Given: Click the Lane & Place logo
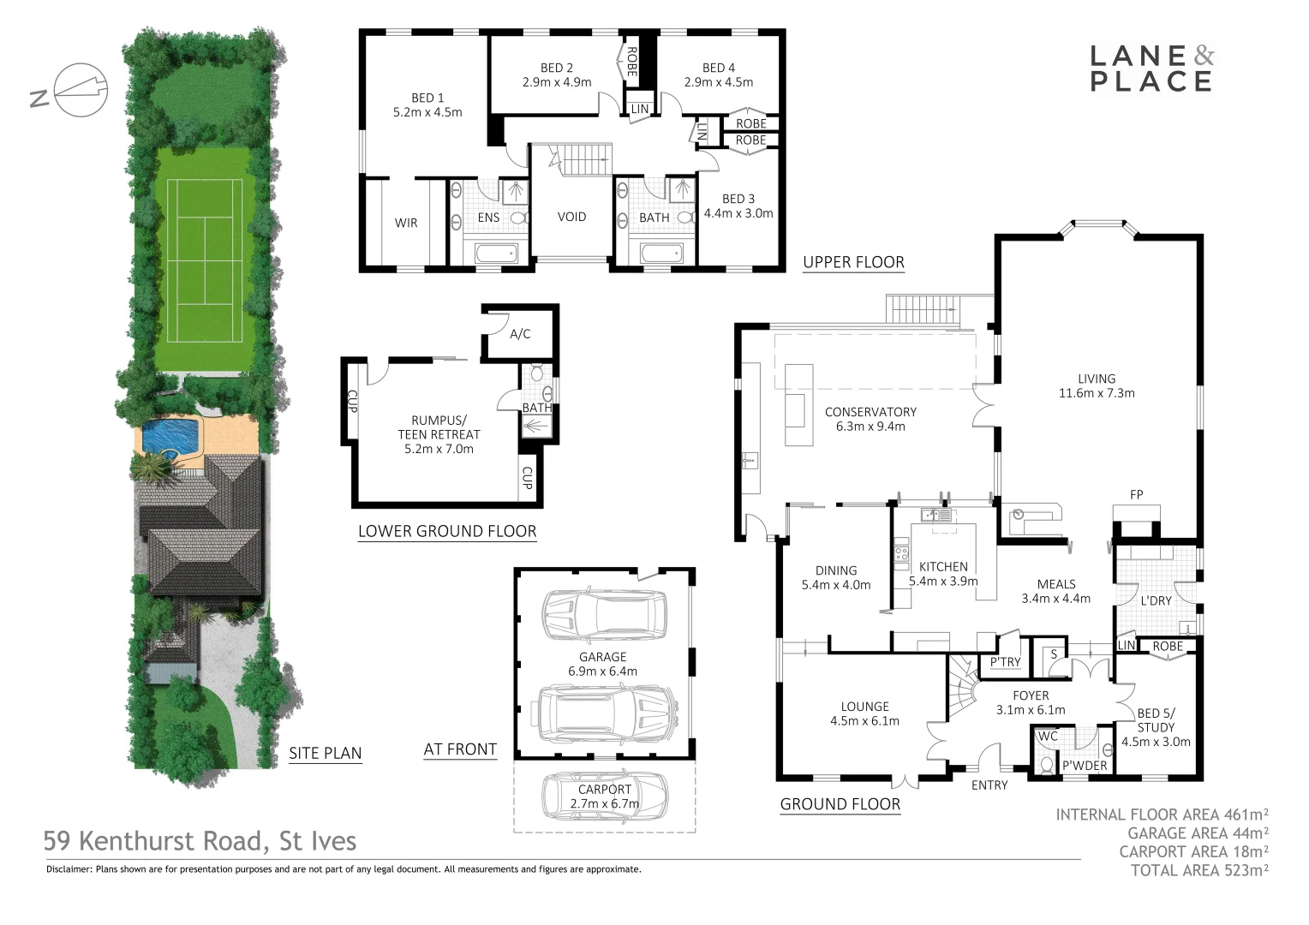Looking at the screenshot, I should click(1151, 69).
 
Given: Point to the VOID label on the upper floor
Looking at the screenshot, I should click(571, 217).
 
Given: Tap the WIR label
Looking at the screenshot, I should click(406, 223).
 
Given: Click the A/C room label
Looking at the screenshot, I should click(520, 334).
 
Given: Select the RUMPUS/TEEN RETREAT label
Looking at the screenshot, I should click(439, 434).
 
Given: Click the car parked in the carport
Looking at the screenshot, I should click(605, 795).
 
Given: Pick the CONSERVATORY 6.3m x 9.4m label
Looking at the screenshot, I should click(870, 419).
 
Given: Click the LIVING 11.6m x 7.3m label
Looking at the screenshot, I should click(1097, 385).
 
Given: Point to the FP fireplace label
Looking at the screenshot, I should click(1136, 494).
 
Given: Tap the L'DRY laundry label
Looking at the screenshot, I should click(1156, 600).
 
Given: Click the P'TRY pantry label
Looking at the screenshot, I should click(1005, 662).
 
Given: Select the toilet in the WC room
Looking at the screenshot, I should click(1045, 764).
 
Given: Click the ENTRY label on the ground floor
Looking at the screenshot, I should click(989, 785).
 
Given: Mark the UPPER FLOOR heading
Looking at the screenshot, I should click(853, 262).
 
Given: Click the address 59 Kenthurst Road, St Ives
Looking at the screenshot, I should click(200, 842).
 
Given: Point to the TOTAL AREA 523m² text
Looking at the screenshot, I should click(1199, 870).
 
